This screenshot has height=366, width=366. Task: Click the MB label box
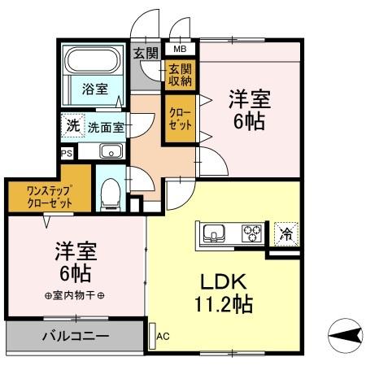click(178, 49)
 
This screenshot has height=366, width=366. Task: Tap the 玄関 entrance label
click(146, 54)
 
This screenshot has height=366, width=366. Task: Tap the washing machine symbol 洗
click(72, 126)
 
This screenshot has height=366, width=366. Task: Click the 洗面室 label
click(106, 127)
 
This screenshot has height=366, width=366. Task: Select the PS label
click(65, 151)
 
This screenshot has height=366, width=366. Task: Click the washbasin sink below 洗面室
click(110, 150)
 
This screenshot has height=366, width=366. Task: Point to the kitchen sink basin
click(215, 233)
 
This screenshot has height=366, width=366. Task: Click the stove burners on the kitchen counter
click(251, 233)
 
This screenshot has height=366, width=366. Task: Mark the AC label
click(162, 333)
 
